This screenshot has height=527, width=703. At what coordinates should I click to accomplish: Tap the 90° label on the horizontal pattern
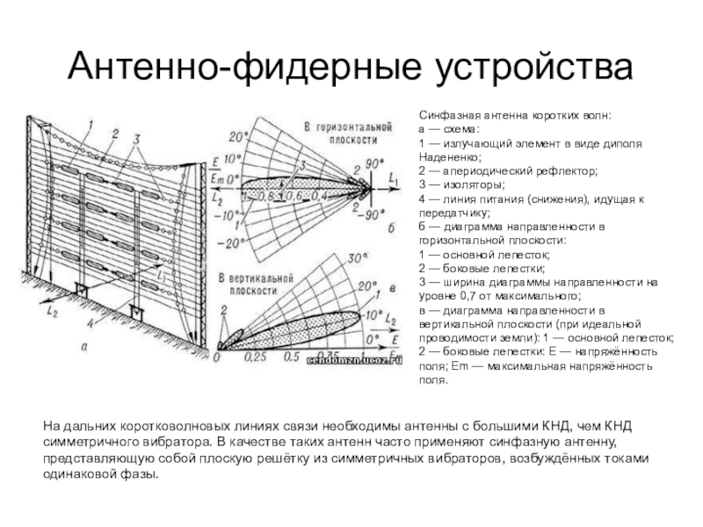pos(375,164)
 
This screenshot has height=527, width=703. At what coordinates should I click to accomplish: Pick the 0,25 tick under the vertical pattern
pos(256,358)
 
